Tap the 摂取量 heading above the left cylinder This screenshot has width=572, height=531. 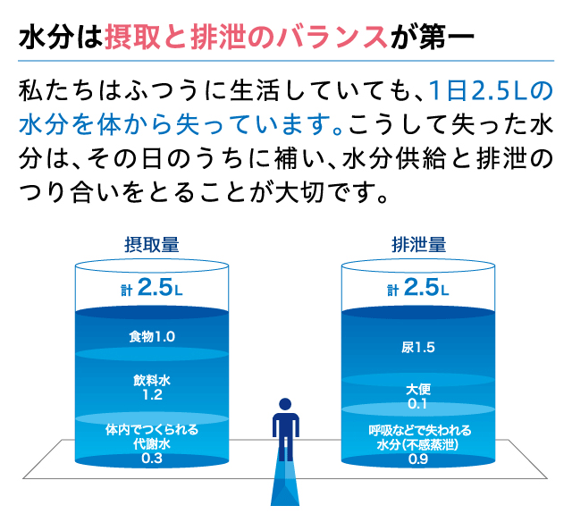(x=151, y=243)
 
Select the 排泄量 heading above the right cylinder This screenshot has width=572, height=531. (x=418, y=243)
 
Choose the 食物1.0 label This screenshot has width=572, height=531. (x=151, y=336)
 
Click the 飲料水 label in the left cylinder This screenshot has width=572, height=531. (x=151, y=380)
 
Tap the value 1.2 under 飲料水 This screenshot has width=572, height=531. (x=151, y=394)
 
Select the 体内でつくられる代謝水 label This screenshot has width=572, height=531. (x=151, y=435)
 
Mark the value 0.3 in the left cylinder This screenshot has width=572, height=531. (x=151, y=459)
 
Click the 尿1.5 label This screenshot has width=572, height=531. (x=418, y=348)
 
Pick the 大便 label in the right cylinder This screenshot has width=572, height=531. (x=418, y=390)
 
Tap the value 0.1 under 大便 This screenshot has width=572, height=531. (x=418, y=405)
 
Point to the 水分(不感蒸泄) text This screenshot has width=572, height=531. (x=418, y=444)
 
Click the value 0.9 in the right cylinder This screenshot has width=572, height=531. (x=418, y=459)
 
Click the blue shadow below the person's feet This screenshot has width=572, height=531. (x=285, y=487)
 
